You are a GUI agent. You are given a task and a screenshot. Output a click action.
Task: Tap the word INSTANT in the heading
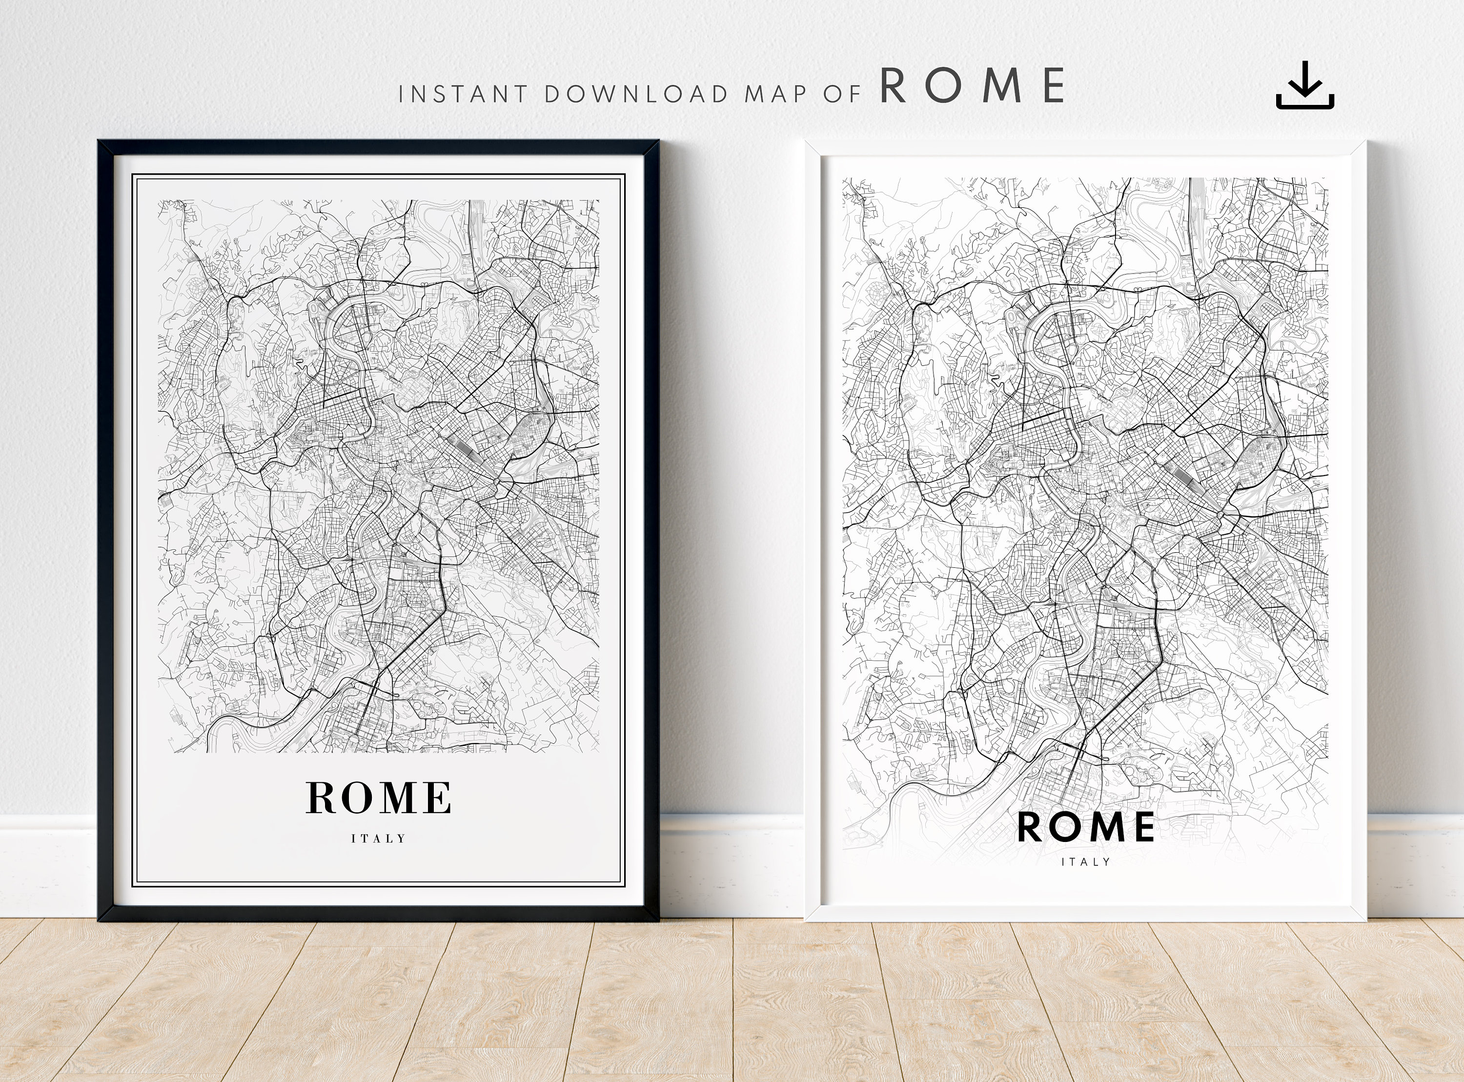463,94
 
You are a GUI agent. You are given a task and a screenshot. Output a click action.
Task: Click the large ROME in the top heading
972,86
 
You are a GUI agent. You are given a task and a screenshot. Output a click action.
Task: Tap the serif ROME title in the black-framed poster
379,797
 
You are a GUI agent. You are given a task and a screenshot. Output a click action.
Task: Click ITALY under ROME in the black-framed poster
379,839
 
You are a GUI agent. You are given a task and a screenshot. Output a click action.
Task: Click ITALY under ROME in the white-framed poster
1085,862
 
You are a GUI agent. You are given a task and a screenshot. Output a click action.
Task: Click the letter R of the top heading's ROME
894,86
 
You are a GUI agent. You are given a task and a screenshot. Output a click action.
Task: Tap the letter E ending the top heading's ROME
1053,86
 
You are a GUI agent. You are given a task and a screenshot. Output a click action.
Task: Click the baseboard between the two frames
731,864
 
